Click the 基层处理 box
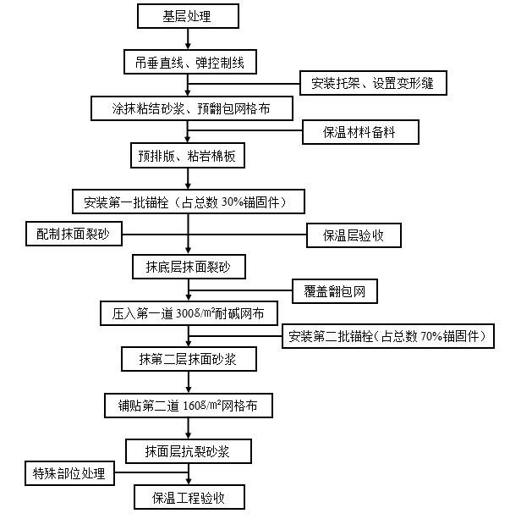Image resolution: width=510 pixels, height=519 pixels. point(188,16)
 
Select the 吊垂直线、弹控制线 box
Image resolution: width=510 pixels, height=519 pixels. point(189,62)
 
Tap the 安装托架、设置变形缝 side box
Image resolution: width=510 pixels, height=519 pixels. point(373,83)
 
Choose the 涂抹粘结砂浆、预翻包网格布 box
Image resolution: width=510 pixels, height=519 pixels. point(192,108)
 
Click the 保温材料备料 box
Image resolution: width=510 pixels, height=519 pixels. point(360,132)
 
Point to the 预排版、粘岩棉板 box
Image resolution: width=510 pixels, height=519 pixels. point(188,155)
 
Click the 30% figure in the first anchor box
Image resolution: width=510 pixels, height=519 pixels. point(233,202)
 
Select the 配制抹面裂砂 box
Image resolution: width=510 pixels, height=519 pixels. point(74,234)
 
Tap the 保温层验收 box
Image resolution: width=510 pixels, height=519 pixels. point(354,235)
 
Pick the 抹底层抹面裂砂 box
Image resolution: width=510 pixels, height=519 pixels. point(189,267)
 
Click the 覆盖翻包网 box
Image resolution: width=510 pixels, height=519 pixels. point(335,291)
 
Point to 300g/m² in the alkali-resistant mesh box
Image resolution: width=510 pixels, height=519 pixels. point(195,312)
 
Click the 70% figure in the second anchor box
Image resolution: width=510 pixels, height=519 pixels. point(431,336)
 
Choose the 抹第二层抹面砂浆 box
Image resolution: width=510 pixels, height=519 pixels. point(189,359)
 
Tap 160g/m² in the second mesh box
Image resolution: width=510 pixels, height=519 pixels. point(201,406)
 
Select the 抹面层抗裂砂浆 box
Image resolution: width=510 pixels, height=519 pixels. point(189,451)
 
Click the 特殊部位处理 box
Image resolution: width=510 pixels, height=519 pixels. point(70,473)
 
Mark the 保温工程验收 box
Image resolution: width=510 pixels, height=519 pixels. point(189,497)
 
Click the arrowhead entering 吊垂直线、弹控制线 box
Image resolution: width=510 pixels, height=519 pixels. point(188,46)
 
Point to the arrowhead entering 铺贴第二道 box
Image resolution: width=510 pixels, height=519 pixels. point(189,390)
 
